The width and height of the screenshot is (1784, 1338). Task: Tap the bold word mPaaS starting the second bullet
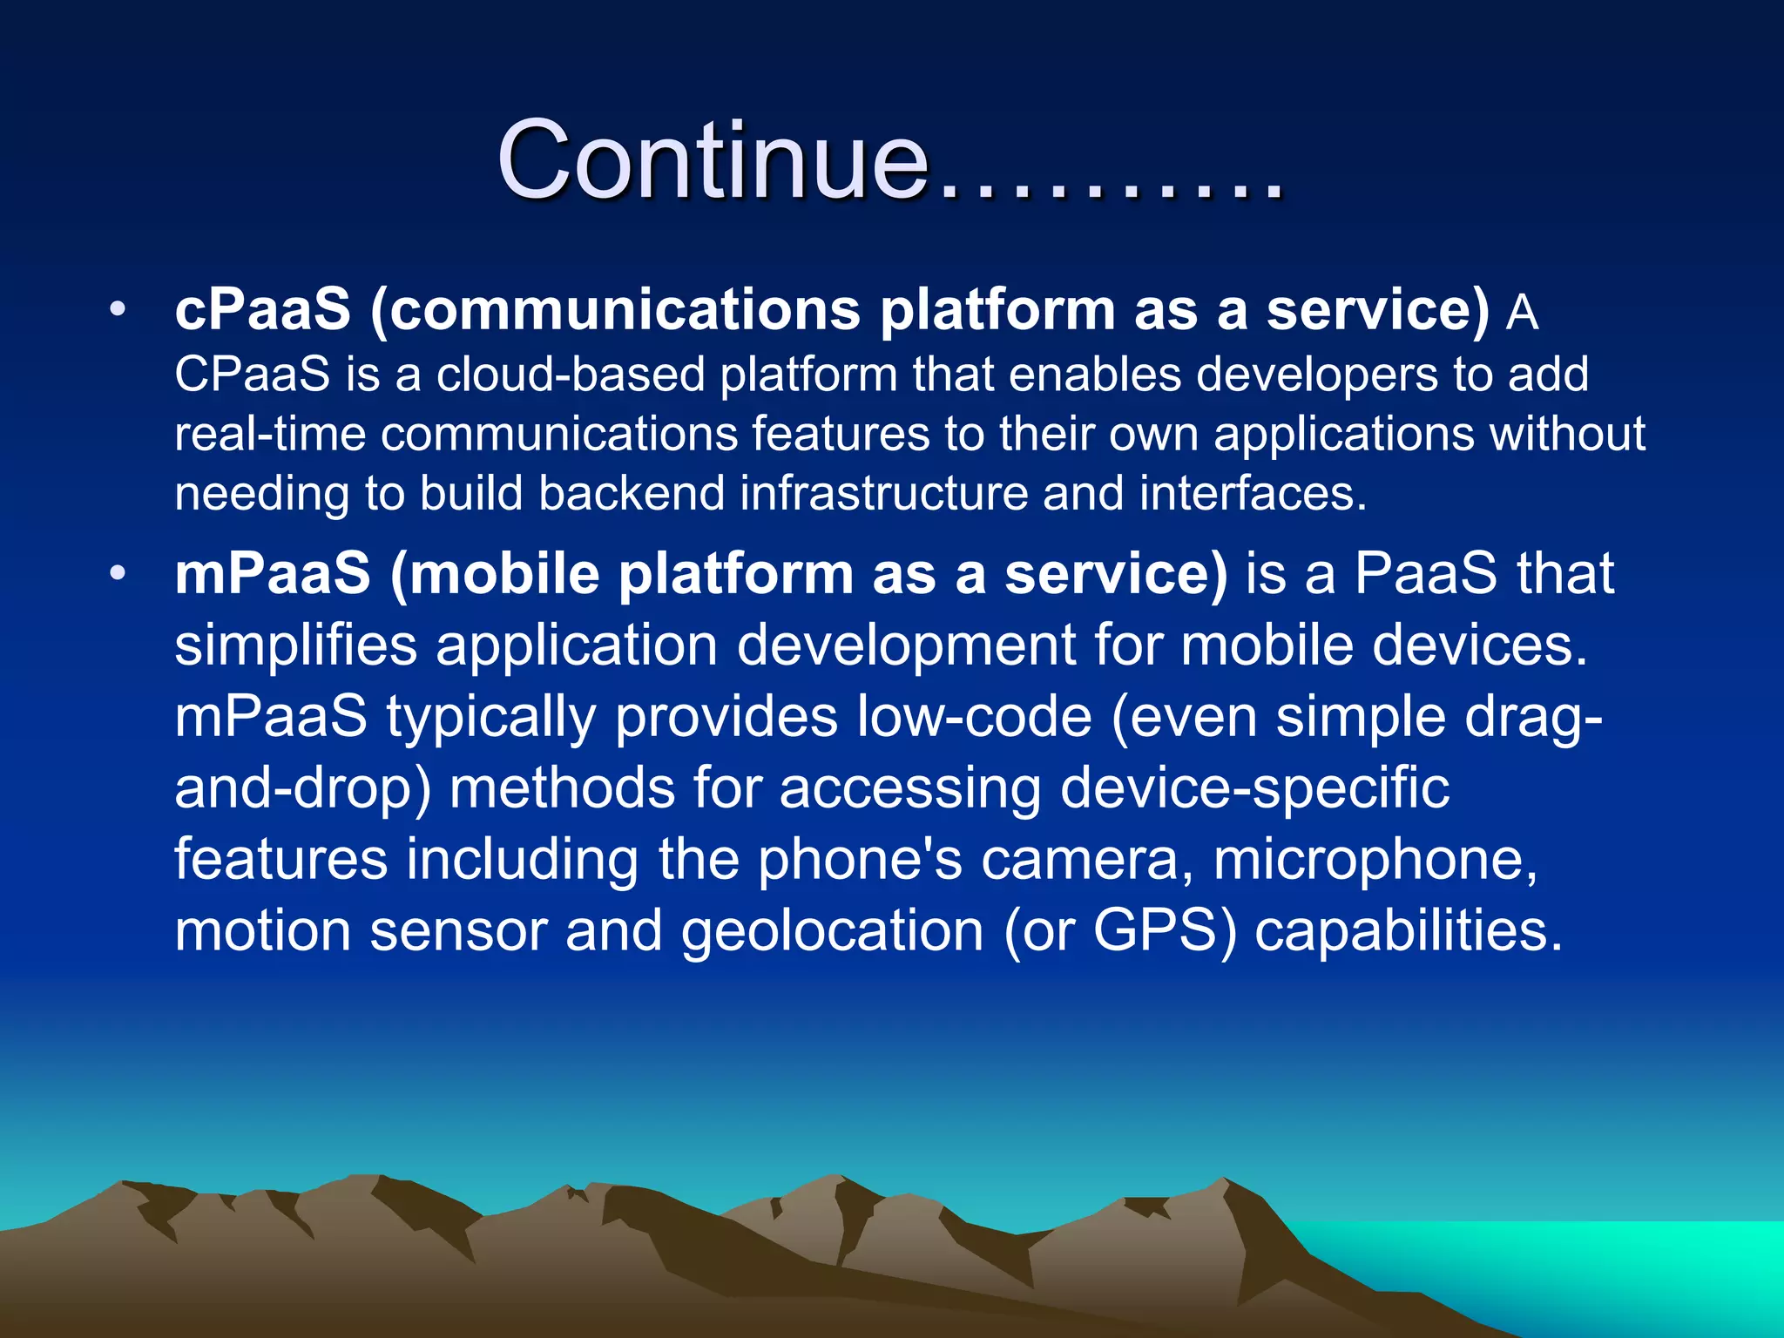273,574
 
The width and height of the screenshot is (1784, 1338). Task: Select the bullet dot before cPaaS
118,309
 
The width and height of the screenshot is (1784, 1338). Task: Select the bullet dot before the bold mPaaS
118,574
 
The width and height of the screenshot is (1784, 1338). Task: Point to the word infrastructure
884,493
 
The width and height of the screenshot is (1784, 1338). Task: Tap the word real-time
270,434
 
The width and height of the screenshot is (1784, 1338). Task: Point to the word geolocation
832,931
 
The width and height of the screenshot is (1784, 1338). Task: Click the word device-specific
1254,788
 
